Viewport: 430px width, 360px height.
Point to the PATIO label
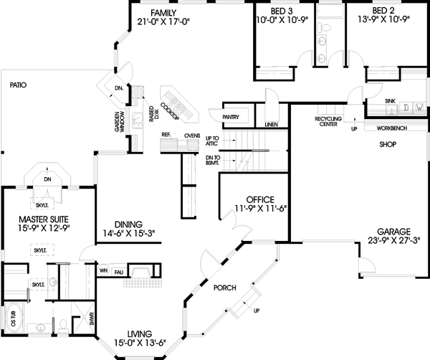click(x=18, y=85)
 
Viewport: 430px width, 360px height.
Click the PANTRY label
click(x=230, y=115)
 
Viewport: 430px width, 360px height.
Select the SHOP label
click(x=388, y=143)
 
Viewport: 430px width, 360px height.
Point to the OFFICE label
click(x=261, y=199)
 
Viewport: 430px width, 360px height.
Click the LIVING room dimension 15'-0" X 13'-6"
click(x=138, y=344)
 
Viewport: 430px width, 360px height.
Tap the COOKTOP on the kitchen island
click(x=171, y=109)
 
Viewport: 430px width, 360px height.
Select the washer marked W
click(x=419, y=108)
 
